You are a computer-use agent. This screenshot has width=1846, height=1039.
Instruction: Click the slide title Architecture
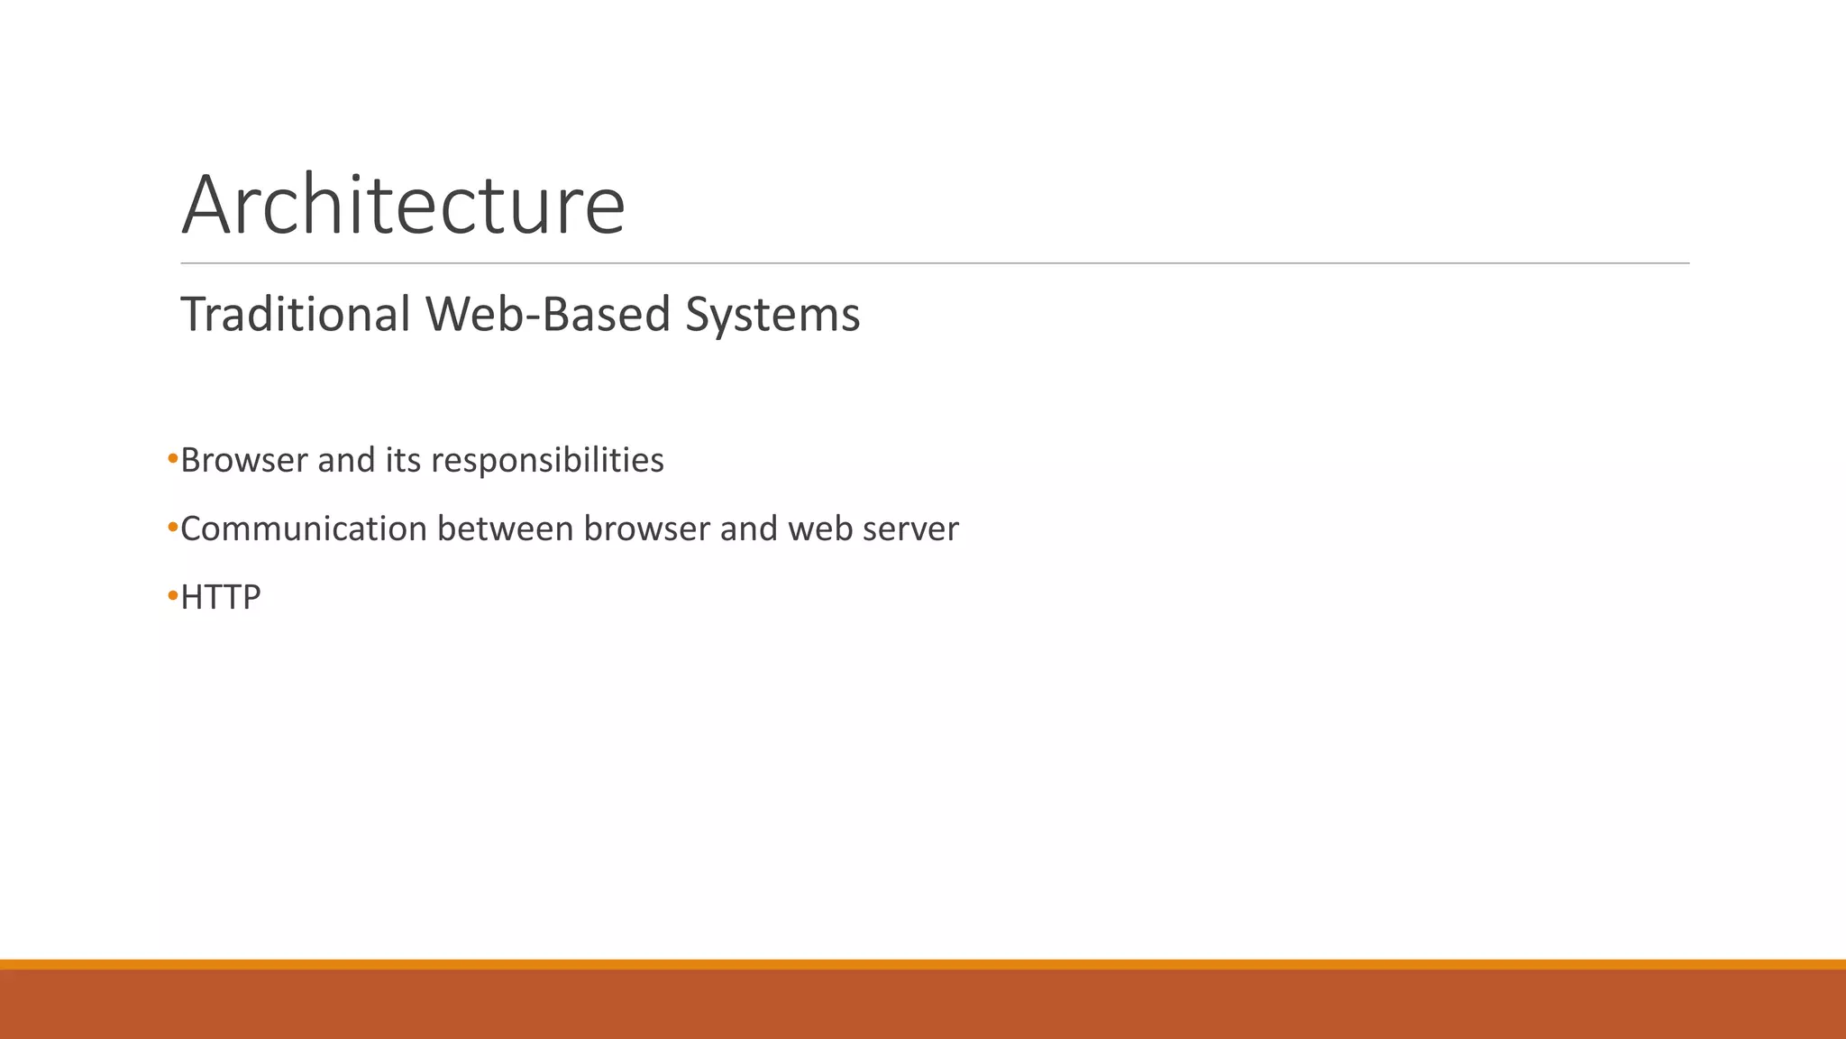click(403, 206)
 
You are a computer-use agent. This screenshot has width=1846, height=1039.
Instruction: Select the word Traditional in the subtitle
click(296, 315)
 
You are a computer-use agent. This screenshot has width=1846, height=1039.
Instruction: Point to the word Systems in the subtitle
click(772, 316)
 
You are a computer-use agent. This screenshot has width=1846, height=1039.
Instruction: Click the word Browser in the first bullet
click(243, 461)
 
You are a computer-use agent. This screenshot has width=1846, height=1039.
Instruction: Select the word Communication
click(304, 529)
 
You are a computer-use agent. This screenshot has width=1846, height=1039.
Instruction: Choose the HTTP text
click(221, 597)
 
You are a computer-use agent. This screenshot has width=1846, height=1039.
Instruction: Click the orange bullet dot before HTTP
click(173, 596)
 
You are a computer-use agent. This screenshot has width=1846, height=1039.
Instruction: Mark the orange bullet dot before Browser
click(173, 460)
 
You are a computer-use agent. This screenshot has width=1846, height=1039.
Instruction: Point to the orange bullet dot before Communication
click(173, 529)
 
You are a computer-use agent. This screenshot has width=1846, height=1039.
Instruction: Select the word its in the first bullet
click(403, 461)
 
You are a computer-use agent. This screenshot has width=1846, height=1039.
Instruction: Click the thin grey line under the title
click(935, 263)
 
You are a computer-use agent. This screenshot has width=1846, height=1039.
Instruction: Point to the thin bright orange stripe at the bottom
click(923, 964)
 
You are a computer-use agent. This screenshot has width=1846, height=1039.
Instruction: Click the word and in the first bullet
click(346, 461)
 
